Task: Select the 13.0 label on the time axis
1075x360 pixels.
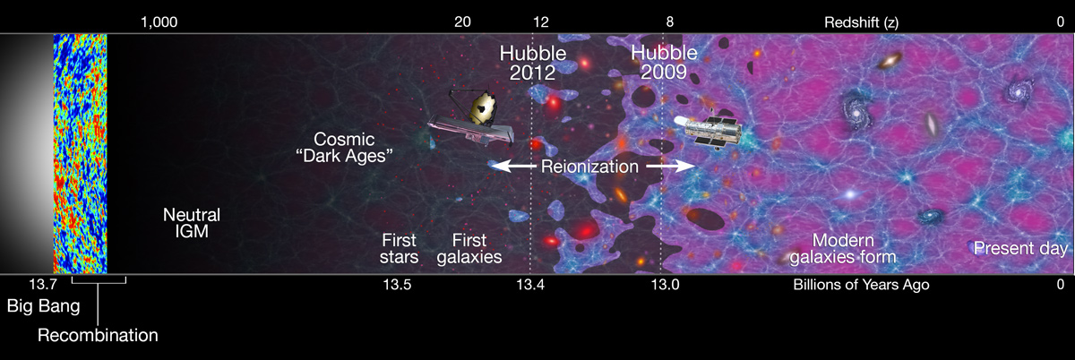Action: point(665,286)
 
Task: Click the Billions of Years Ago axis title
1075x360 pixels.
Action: point(861,286)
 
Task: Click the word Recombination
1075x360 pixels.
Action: point(98,335)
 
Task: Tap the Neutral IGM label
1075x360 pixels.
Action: point(191,224)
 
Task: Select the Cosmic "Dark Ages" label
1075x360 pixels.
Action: point(354,148)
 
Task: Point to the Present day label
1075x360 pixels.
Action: point(1020,248)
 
